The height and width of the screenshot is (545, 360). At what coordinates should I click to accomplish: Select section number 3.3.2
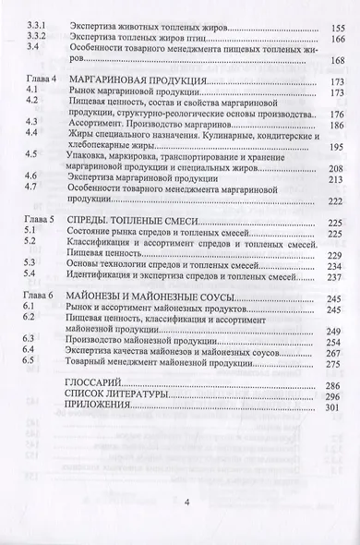33,42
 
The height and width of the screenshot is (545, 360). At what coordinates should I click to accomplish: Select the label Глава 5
39,223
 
